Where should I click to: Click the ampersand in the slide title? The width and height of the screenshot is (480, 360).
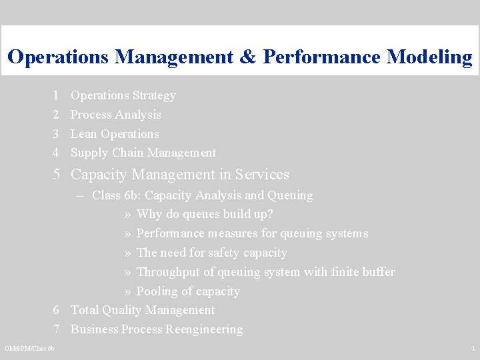click(x=246, y=57)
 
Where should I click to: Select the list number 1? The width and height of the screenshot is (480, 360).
click(x=57, y=95)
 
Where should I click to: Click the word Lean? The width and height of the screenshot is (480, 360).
click(x=83, y=134)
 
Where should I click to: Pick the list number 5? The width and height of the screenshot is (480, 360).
click(x=57, y=175)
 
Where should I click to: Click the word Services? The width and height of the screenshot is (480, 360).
click(x=262, y=175)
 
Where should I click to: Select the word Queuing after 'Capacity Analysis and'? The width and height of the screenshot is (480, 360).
click(x=290, y=195)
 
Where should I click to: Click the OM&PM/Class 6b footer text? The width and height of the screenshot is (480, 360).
click(x=30, y=349)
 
